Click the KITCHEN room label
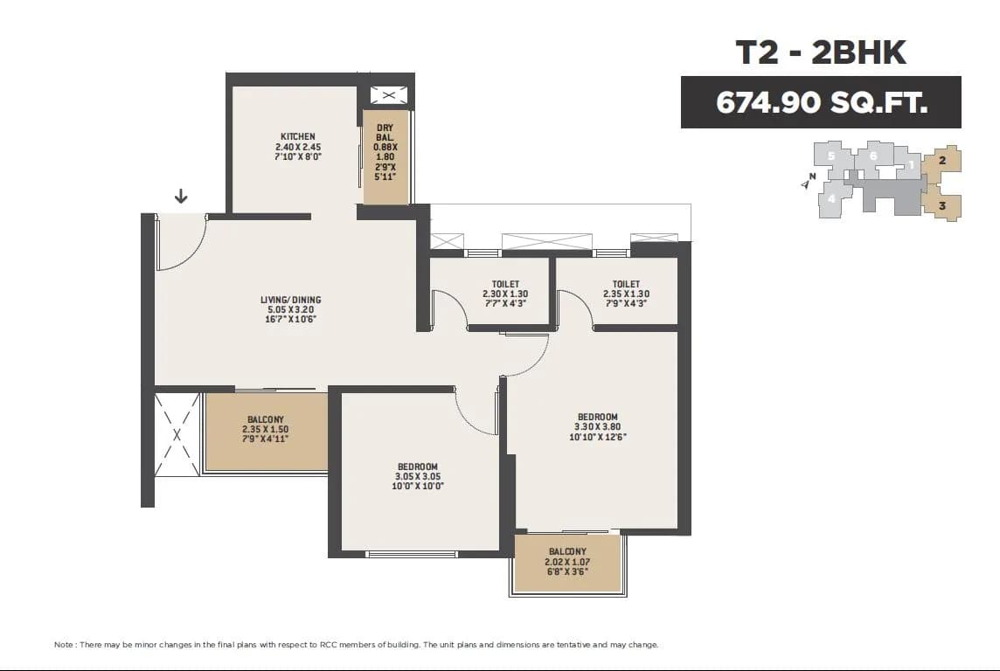(297, 136)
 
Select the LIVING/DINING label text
(290, 301)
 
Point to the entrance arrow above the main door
(181, 196)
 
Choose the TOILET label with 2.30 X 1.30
(505, 284)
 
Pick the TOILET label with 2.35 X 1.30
(626, 284)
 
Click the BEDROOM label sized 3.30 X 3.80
(597, 417)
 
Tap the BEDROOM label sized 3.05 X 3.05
(417, 467)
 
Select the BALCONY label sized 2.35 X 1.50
(266, 420)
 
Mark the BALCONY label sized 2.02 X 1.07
(567, 551)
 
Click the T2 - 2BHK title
(821, 52)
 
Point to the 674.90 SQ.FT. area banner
(821, 102)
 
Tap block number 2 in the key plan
(942, 160)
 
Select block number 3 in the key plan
(942, 207)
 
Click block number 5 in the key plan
(832, 156)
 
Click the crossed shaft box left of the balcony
(177, 434)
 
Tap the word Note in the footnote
(64, 645)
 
